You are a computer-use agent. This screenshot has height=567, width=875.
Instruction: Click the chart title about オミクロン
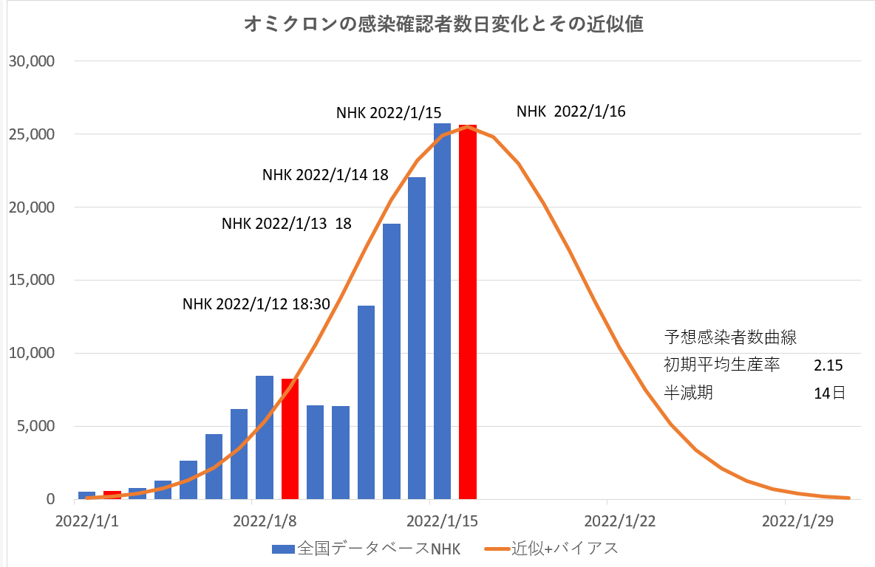(443, 24)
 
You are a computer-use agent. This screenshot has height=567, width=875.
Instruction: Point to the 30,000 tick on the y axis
(32, 61)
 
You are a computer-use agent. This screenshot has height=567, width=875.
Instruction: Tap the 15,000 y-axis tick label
(32, 281)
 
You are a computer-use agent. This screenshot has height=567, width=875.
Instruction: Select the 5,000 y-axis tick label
(35, 427)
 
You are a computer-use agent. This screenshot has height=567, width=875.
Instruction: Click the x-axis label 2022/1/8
(264, 521)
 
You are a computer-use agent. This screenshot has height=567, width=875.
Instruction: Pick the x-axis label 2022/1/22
(620, 521)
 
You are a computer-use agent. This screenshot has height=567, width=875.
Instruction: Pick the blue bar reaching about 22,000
(417, 340)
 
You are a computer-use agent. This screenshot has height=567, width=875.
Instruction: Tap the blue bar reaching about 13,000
(366, 402)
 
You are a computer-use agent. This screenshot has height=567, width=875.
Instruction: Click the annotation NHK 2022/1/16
(571, 111)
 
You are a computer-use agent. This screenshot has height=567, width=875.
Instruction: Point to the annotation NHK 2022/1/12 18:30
(256, 303)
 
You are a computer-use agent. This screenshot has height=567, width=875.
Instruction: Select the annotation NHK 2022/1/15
(389, 113)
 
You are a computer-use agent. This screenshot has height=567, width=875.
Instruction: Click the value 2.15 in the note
(828, 365)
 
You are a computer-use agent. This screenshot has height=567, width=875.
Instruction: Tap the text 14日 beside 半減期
(829, 394)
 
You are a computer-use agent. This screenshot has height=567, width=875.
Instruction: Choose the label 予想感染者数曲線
(730, 337)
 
